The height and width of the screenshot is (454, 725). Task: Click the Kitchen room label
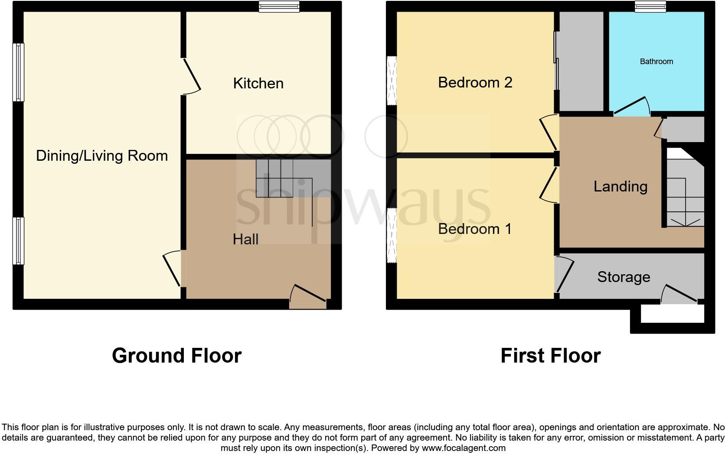(x=258, y=83)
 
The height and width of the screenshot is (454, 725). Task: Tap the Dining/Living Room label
(x=102, y=156)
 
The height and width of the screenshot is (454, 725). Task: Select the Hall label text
(x=245, y=239)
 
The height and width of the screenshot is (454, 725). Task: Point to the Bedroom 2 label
(x=475, y=82)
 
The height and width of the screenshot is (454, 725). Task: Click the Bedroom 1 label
(x=475, y=229)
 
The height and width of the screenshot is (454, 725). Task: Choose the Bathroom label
(x=656, y=62)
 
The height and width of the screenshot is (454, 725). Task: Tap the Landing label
(x=620, y=186)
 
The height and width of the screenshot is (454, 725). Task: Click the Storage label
(x=624, y=277)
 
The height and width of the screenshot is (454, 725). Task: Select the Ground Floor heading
(x=176, y=356)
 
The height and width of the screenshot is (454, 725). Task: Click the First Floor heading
(x=550, y=356)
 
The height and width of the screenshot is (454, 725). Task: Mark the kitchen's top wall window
(x=279, y=6)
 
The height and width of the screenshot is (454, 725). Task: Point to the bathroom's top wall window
(x=650, y=6)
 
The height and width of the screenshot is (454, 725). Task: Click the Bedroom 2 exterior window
(x=392, y=81)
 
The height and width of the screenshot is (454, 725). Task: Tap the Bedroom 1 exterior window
(x=392, y=236)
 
